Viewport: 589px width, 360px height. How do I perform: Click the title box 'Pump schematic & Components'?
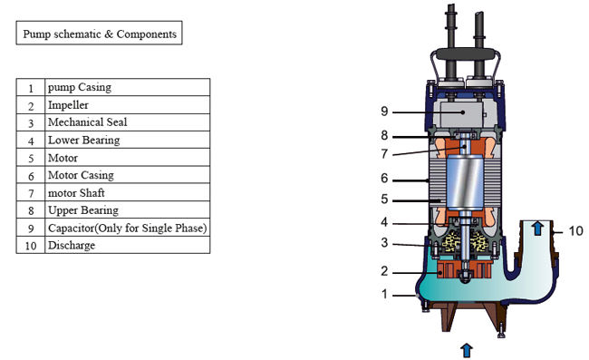[99, 33]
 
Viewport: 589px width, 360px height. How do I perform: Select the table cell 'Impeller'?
[128, 105]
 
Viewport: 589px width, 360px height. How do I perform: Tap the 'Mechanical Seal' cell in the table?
[128, 122]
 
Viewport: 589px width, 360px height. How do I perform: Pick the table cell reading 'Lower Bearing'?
[128, 140]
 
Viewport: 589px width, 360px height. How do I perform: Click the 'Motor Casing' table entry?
[128, 175]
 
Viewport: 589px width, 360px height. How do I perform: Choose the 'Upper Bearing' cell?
[128, 209]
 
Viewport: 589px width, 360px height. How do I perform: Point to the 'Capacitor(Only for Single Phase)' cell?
[128, 228]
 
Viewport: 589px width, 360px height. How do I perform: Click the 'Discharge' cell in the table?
[128, 245]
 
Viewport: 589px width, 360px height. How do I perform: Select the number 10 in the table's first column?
[31, 246]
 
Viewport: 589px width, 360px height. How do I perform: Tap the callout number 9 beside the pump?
[384, 112]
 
